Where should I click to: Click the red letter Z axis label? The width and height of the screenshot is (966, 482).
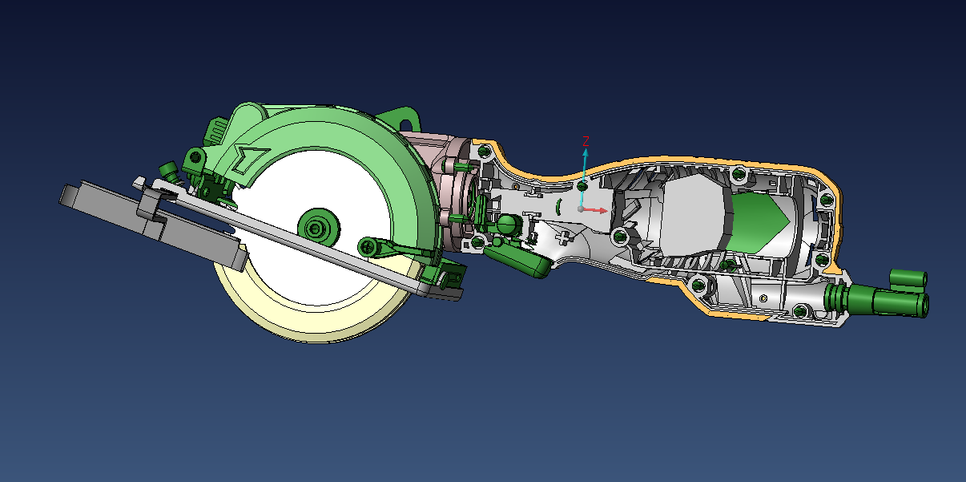coord(586,141)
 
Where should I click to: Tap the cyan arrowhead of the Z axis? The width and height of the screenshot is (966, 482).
coord(586,153)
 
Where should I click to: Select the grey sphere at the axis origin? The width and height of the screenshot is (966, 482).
coord(581,209)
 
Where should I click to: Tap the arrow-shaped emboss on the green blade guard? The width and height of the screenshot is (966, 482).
coord(249,160)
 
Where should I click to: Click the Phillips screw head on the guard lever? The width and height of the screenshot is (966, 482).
coord(368,248)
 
